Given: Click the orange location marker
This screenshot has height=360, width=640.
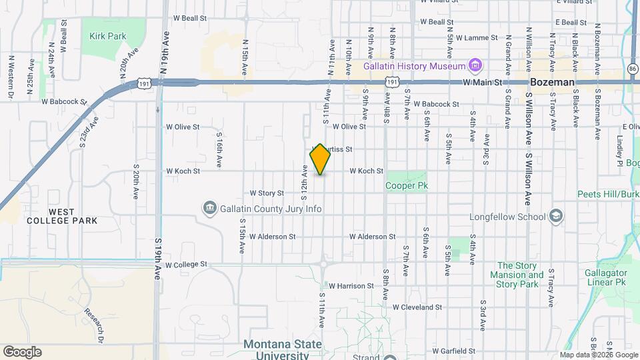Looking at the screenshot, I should point(321,159).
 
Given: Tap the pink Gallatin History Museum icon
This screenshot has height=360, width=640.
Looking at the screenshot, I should point(475,66).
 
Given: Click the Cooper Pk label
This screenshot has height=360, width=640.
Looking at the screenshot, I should point(406,186).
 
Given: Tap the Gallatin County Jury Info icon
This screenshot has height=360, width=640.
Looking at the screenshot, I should point(210,209).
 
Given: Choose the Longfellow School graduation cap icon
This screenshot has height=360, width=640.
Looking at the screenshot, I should point(555,217).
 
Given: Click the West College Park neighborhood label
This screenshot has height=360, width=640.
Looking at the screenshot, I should point(62,216).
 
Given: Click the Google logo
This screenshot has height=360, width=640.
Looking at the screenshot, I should point(23,351).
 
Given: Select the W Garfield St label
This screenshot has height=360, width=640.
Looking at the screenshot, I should point(453,351).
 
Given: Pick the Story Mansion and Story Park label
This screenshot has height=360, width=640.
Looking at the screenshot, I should point(517,275).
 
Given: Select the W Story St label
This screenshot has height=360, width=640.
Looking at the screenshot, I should point(267,193).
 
